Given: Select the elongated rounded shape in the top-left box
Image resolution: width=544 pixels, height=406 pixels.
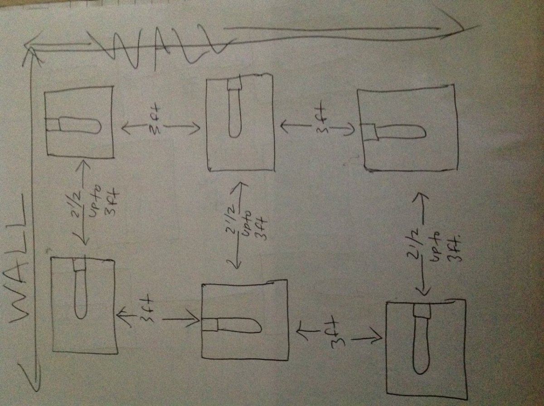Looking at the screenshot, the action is tap(80, 125).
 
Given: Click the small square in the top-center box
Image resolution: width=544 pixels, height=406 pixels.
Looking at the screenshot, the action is tap(234, 86).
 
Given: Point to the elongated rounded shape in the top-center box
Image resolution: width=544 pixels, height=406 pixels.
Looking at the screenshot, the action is tap(234, 113).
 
